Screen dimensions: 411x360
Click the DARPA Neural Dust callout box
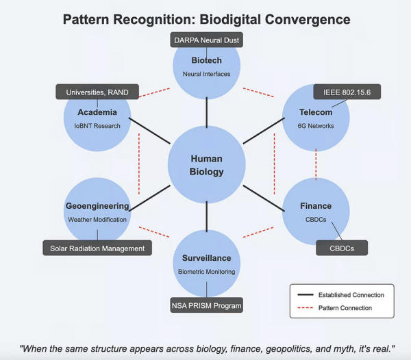pos(207,40)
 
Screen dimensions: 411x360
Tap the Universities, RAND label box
pos(97,92)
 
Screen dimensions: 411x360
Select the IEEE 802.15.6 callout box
pos(347,92)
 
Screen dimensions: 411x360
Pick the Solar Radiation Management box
pos(97,248)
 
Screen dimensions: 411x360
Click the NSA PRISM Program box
pos(207,305)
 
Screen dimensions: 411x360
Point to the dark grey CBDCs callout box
pos(342,248)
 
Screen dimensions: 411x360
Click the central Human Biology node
pos(207,165)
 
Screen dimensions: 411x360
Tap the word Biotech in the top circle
pos(207,60)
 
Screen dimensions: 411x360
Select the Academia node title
pos(97,112)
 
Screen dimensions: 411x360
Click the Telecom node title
pos(316,112)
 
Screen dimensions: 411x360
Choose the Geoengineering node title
pos(97,206)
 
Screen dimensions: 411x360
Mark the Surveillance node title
pos(207,258)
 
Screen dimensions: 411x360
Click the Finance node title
pos(316,206)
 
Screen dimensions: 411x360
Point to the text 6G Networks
pos(316,126)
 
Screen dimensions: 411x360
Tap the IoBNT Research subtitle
pos(97,126)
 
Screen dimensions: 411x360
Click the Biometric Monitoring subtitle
pos(207,272)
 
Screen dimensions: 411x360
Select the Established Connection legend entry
pos(340,295)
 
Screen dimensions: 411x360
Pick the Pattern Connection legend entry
pos(335,308)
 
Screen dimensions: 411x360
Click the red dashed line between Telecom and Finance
pos(316,165)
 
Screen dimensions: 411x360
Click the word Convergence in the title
pos(308,20)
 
